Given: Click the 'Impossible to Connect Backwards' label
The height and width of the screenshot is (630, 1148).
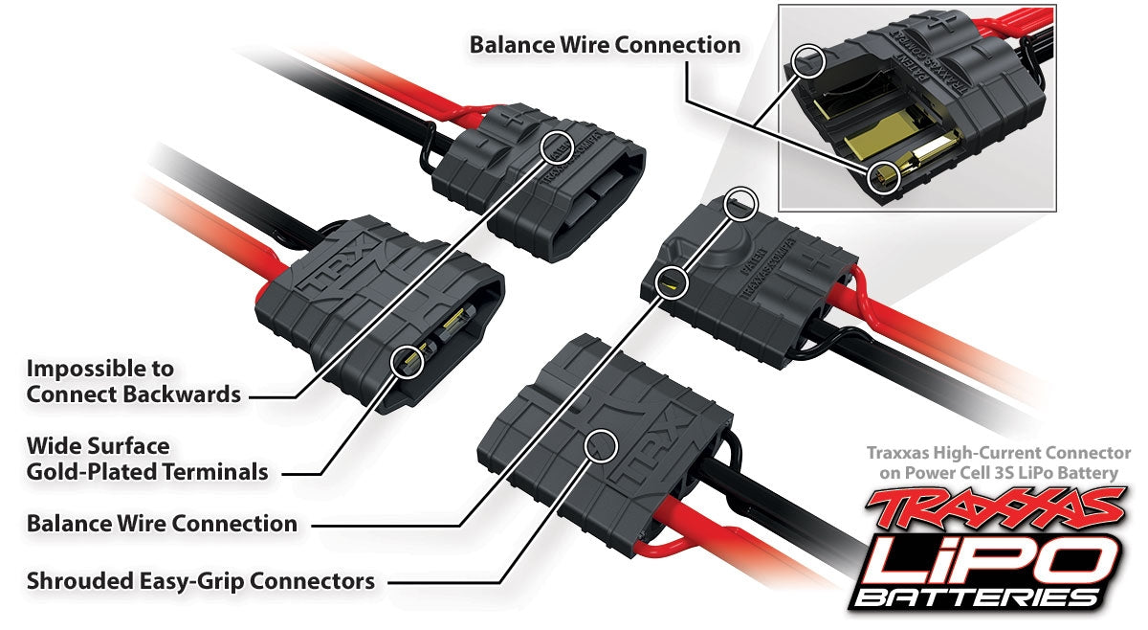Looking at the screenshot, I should point(133,381).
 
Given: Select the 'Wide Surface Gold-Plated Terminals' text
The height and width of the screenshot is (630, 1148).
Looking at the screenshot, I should point(146,459).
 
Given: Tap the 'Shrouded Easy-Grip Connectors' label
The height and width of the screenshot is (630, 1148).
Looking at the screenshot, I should point(200,580).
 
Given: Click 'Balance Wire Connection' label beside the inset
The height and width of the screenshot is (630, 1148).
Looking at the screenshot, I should point(605,45).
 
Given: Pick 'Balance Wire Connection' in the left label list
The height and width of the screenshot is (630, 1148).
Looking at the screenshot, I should point(162,524).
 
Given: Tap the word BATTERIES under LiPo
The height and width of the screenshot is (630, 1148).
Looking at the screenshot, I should point(976,597).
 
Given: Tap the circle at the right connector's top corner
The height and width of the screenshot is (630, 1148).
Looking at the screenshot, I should point(741,203).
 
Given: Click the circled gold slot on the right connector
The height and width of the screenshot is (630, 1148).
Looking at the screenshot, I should point(673,281).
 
